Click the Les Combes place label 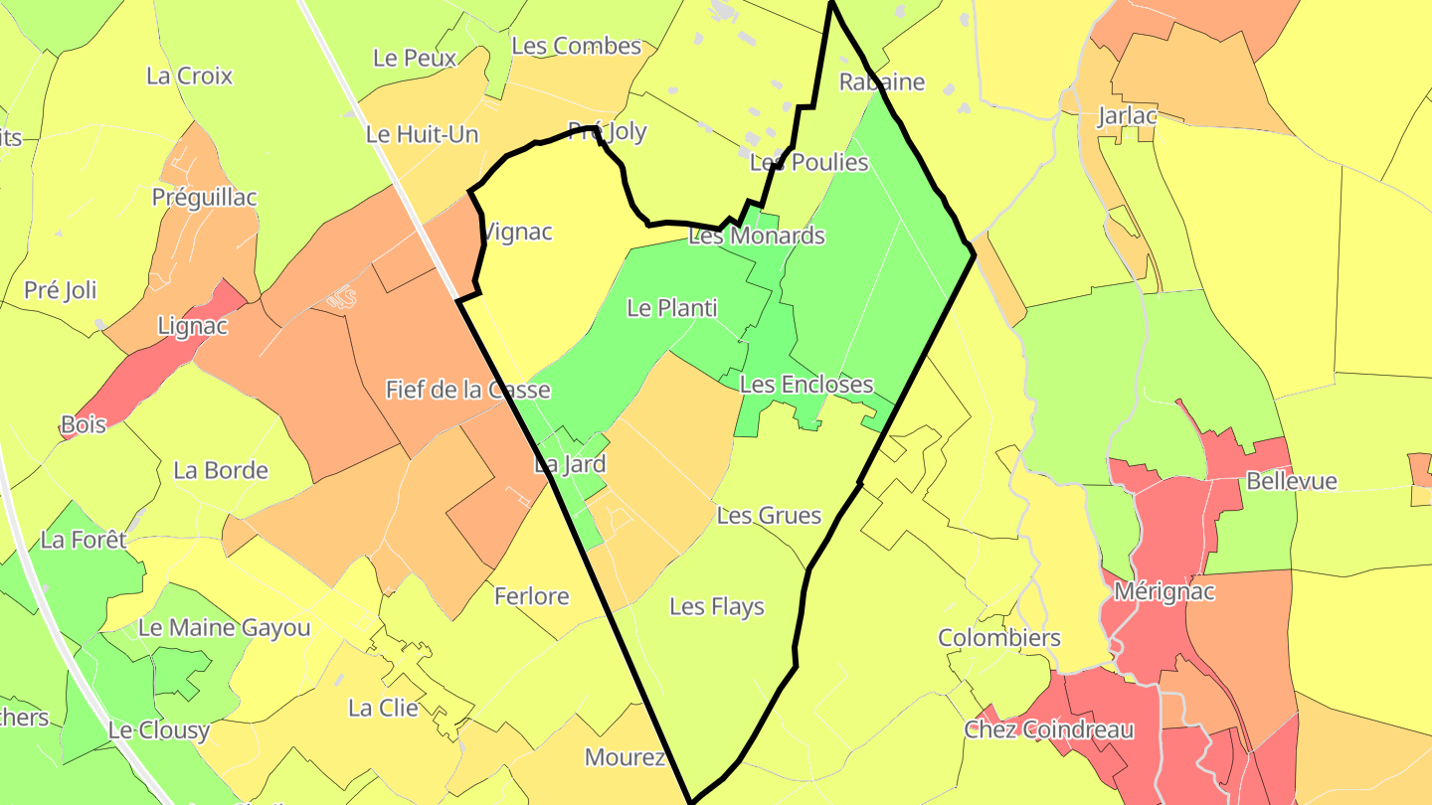pyautogui.click(x=576, y=46)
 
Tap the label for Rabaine pyautogui.click(x=882, y=81)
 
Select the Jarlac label pyautogui.click(x=1127, y=115)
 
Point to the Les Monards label pyautogui.click(x=757, y=236)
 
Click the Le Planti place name pyautogui.click(x=672, y=308)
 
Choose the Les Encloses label pyautogui.click(x=806, y=384)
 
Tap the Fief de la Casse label pyautogui.click(x=467, y=389)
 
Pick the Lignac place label pyautogui.click(x=193, y=325)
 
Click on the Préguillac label pyautogui.click(x=204, y=197)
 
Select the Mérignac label pyautogui.click(x=1164, y=591)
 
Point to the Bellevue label pyautogui.click(x=1292, y=481)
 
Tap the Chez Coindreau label pyautogui.click(x=1049, y=729)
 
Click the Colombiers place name pyautogui.click(x=999, y=637)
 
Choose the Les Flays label pyautogui.click(x=716, y=605)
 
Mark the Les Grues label pyautogui.click(x=769, y=515)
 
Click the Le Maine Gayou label pyautogui.click(x=224, y=627)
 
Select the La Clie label pyautogui.click(x=383, y=708)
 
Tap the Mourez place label pyautogui.click(x=625, y=756)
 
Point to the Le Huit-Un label pyautogui.click(x=422, y=134)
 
